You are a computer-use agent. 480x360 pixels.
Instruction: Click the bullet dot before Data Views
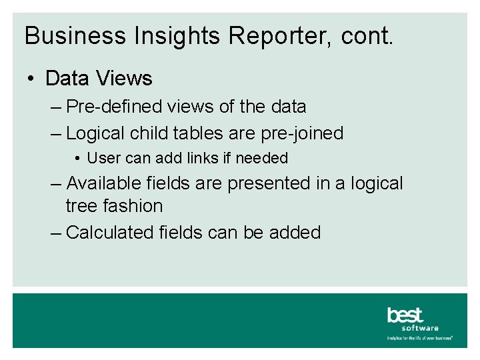click(31, 79)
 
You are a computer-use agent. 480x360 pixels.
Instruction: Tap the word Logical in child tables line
click(96, 133)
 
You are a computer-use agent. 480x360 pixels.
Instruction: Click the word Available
click(111, 183)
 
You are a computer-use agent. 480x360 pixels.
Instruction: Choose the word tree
click(82, 206)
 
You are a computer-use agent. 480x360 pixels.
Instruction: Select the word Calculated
click(111, 233)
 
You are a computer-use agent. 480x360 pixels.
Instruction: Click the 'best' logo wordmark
click(405, 315)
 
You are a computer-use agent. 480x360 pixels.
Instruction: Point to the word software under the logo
click(420, 328)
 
